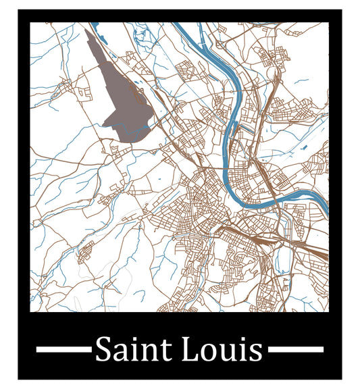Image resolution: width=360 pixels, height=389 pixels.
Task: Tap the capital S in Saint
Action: (103, 350)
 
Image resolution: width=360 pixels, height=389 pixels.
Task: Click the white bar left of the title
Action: (63, 349)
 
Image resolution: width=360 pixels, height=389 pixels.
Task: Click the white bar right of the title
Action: (296, 349)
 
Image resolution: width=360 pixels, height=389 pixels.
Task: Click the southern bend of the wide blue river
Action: (260, 203)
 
